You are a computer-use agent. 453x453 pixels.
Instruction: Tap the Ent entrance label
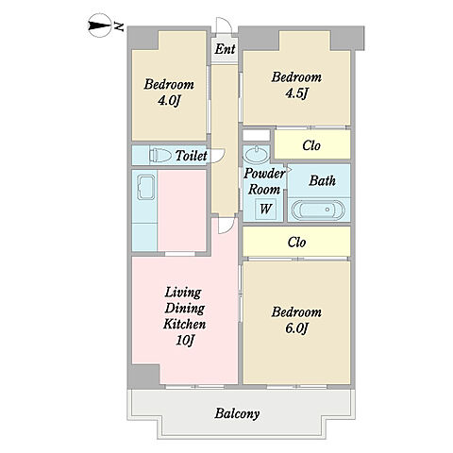pos(226,49)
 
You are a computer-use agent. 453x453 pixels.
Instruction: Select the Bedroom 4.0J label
pos(169,92)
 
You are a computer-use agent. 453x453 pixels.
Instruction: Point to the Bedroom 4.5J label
pos(296,85)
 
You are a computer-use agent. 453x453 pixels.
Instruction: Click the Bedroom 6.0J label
pos(296,320)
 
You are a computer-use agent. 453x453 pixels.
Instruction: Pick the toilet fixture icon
pos(160,155)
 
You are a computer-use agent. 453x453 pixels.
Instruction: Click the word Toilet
pos(192,156)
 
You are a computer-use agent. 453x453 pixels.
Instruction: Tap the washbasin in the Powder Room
pos(257,155)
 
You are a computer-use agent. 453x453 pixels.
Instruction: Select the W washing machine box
pos(265,209)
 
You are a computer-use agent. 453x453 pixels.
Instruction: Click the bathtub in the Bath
pos(318,210)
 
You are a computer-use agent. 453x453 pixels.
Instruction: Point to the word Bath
pos(322,180)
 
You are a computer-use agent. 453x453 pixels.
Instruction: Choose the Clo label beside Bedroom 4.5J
pos(311,145)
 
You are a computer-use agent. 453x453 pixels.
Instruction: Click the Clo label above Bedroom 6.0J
pos(296,243)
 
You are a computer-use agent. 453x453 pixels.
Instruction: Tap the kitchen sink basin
pos(146,188)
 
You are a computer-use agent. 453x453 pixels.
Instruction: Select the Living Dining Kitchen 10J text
pos(185,316)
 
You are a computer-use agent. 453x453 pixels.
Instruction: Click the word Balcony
pos(237,413)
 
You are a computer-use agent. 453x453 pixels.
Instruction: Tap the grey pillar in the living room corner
pos(144,377)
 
